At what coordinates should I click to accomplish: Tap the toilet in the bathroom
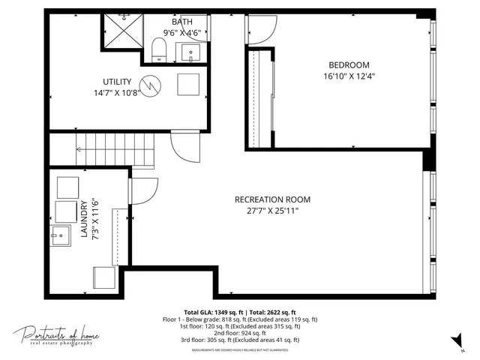(158, 50)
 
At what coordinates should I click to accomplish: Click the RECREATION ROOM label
(272, 199)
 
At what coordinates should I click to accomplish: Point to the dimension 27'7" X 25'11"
(272, 211)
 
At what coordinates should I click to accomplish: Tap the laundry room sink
(59, 237)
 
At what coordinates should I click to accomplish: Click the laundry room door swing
(145, 191)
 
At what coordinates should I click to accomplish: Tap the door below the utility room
(184, 147)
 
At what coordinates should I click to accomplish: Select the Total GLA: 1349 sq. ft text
(212, 313)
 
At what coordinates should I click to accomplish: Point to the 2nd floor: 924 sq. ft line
(241, 333)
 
